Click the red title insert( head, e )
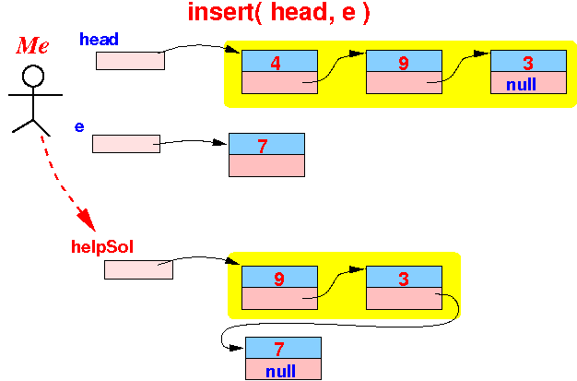278,12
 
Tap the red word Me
32,45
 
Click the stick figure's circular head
33,76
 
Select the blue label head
99,39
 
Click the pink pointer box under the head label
130,61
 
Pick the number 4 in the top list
276,63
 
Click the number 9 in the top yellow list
404,63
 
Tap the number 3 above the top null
528,63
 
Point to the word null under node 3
521,84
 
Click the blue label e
79,126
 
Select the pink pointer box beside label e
126,144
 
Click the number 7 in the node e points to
263,146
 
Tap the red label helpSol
102,246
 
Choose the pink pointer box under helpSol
139,269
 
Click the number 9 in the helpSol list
279,279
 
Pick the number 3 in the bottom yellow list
404,279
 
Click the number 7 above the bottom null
279,349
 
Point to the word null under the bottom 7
280,371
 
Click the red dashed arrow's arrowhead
86,220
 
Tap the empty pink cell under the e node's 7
266,165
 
